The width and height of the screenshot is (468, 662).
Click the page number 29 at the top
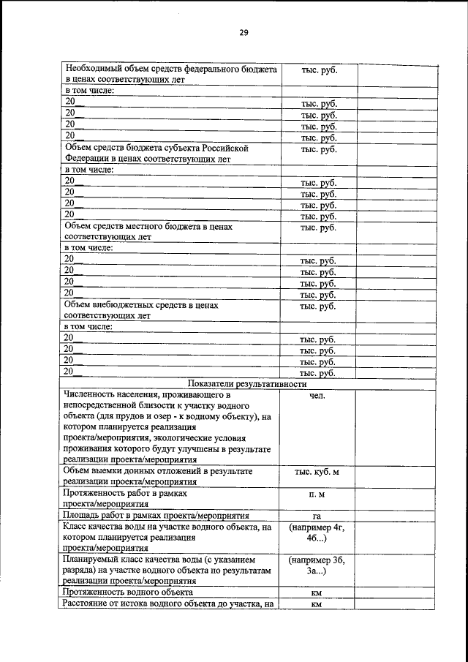click(244, 32)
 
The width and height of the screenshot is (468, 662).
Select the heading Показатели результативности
click(246, 384)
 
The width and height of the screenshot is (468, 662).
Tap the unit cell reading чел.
click(317, 396)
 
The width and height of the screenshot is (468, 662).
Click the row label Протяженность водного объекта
click(128, 592)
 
